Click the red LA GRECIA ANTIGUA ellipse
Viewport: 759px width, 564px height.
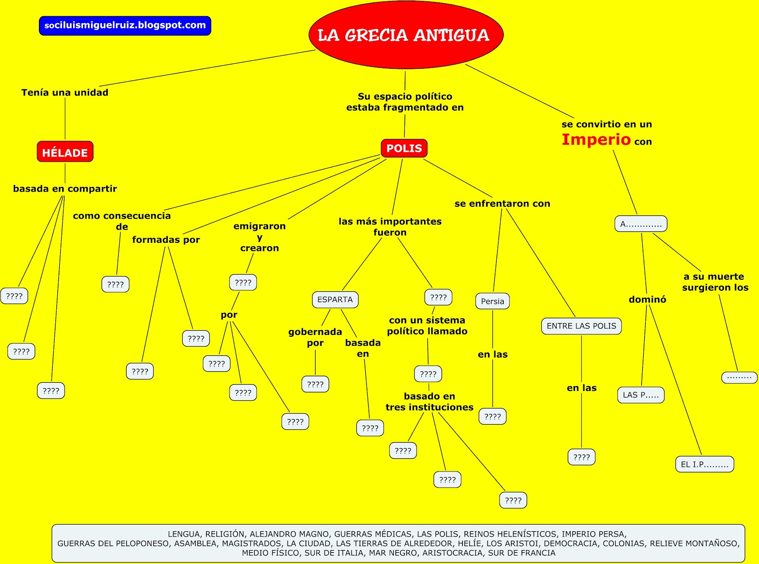point(406,35)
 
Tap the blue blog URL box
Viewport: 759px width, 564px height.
point(125,26)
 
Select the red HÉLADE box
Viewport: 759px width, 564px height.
point(65,152)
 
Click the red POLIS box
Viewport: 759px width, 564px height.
point(404,148)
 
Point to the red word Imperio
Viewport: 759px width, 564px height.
point(596,139)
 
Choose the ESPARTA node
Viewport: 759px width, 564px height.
point(335,299)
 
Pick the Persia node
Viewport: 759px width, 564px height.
point(492,301)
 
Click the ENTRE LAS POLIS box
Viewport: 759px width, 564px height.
point(581,326)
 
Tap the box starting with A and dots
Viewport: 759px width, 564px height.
point(641,224)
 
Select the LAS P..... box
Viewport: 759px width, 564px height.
point(640,395)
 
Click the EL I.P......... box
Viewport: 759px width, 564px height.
point(704,464)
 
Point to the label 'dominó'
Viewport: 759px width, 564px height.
point(647,299)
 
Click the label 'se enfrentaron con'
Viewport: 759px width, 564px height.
point(502,203)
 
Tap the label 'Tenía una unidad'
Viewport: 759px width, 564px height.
point(65,92)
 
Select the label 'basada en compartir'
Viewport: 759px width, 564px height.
point(65,188)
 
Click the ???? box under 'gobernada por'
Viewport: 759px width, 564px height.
point(315,384)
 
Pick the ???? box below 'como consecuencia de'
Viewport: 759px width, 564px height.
point(115,284)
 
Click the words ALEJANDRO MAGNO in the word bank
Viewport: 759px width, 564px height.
point(290,534)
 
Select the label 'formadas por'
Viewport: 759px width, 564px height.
point(166,240)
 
